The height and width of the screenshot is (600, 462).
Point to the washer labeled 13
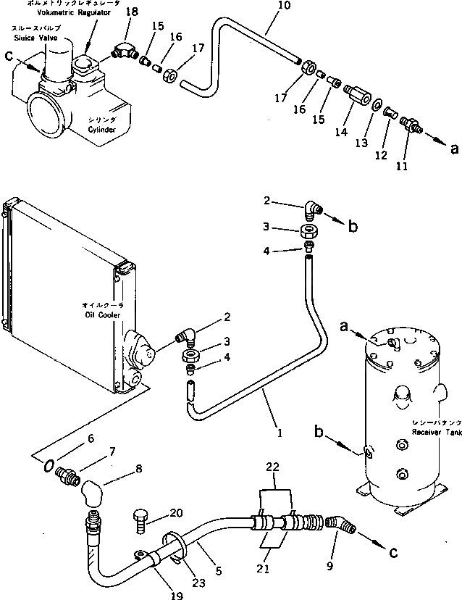coord(378,106)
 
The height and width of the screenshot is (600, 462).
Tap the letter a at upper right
coord(453,149)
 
